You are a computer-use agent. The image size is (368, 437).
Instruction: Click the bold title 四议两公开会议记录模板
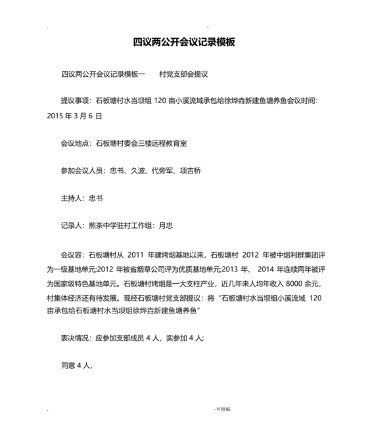tap(184, 42)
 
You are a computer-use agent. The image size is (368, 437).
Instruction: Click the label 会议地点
tap(75, 141)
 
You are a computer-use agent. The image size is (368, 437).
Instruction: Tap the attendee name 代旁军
tap(162, 171)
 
